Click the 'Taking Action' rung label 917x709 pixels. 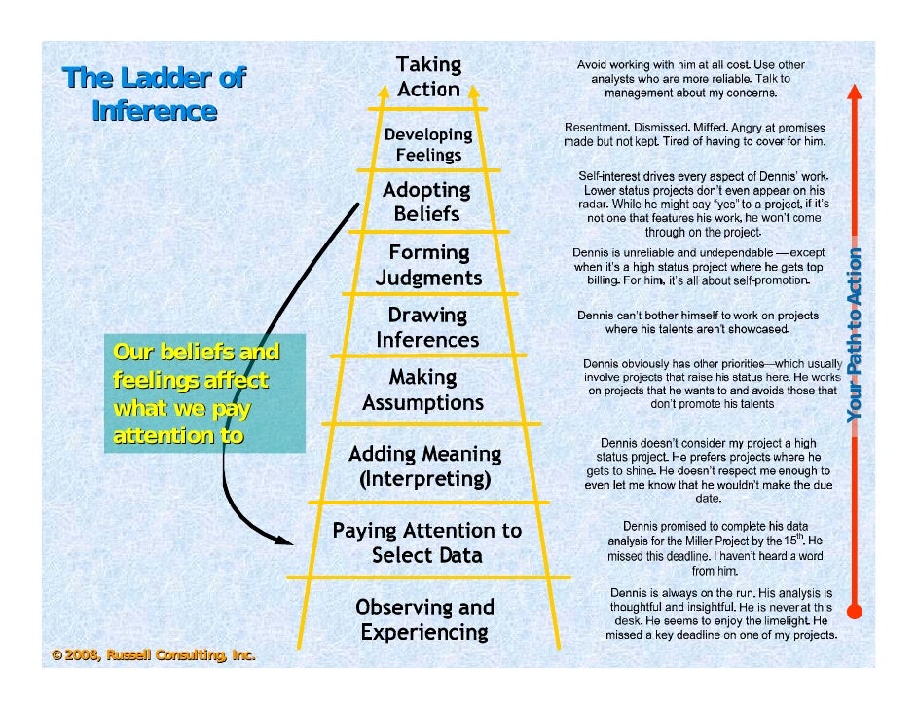point(428,77)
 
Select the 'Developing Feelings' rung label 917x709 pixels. point(428,144)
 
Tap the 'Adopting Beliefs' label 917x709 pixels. point(426,201)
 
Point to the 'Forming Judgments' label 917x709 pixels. point(428,265)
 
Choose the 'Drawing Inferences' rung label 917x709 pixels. point(427,328)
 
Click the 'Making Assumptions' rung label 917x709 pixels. point(423,390)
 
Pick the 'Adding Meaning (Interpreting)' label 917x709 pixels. point(424,466)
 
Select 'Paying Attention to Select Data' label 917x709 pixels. point(426,543)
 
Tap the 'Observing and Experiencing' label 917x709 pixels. point(424,619)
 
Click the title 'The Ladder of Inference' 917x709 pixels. point(154,94)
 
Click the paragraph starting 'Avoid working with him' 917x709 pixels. point(690,79)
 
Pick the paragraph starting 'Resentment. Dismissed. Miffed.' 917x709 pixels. point(696,135)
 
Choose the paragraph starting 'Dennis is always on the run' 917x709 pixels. point(720,614)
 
